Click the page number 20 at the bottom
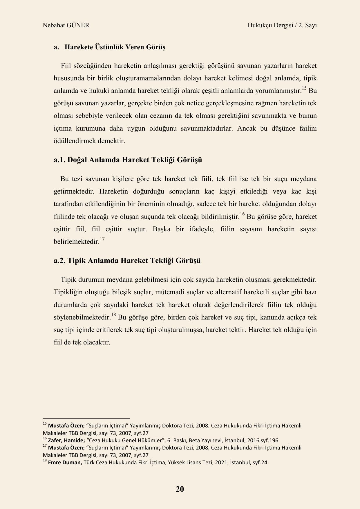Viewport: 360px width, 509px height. point(180,489)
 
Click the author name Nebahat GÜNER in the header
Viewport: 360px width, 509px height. point(66,25)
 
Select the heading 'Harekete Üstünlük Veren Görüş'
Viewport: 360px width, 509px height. point(115,47)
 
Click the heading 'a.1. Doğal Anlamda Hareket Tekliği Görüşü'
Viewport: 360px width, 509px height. point(128,160)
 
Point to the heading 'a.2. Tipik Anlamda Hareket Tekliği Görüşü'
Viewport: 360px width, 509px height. point(127,260)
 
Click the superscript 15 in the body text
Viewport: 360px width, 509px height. point(304,89)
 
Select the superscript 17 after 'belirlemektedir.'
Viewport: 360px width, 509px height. point(102,239)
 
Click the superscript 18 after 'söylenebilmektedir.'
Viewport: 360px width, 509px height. point(113,315)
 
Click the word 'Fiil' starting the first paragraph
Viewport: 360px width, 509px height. point(66,66)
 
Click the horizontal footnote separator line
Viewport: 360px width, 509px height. point(86,419)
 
